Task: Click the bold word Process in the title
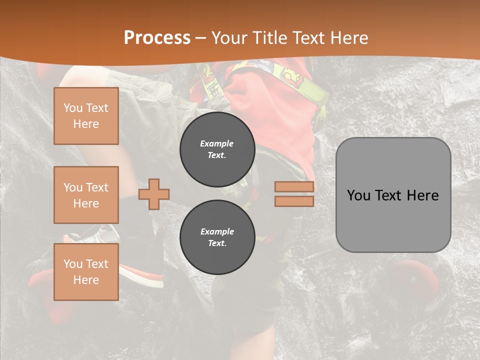157,38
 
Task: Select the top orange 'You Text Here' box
86,116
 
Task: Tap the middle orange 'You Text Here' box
86,195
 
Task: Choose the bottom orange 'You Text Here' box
86,272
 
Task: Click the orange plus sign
154,194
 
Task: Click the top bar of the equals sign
294,187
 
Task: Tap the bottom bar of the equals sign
294,201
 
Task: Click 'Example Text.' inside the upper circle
217,149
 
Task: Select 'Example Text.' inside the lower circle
217,237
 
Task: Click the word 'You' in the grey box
358,195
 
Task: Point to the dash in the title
200,38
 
